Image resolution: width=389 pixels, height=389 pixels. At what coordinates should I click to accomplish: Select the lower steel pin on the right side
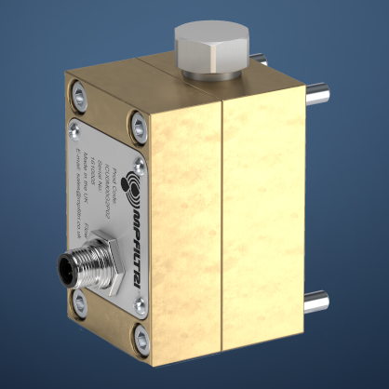coord(319,302)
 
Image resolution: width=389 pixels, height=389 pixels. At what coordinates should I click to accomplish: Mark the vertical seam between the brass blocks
coord(220,223)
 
